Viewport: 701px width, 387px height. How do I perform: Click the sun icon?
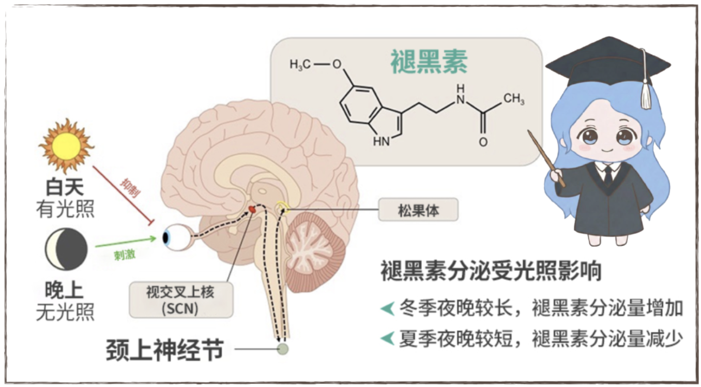click(66, 146)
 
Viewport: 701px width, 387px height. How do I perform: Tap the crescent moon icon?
click(66, 250)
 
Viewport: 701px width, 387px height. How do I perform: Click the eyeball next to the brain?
click(174, 237)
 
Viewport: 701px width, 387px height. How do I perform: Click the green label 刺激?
click(124, 255)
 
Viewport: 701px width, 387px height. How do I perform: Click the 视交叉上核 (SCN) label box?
click(180, 300)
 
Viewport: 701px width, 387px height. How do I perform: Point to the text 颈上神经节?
click(164, 351)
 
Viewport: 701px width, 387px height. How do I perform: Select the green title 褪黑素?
click(429, 63)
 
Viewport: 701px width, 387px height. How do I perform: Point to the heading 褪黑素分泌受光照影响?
click(491, 271)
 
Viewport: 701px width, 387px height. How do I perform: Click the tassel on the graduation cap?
click(646, 96)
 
